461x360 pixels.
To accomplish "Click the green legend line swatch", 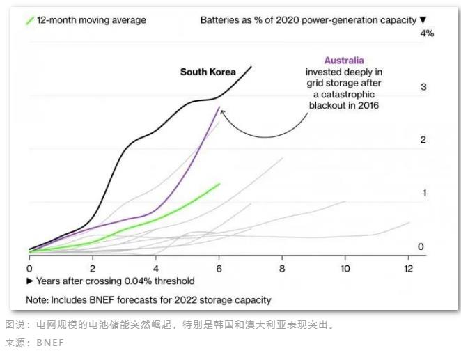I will click(x=29, y=20).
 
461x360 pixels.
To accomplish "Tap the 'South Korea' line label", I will click(x=208, y=72).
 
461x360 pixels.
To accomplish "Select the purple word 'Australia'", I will click(x=344, y=61).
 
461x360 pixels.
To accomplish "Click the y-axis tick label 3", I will click(x=423, y=87).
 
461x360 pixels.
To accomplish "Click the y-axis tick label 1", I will click(x=423, y=193).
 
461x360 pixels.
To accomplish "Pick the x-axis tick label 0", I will click(x=29, y=268).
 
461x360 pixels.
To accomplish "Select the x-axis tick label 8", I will click(x=282, y=268).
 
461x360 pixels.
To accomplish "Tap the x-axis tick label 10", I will click(x=345, y=268).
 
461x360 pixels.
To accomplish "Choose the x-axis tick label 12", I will click(x=409, y=268).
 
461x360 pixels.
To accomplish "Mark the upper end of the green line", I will click(x=219, y=184).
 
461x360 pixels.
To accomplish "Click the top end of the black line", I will click(x=251, y=67).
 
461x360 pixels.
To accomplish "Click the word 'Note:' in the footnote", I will click(x=39, y=300).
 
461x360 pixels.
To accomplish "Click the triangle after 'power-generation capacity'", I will click(x=422, y=20).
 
